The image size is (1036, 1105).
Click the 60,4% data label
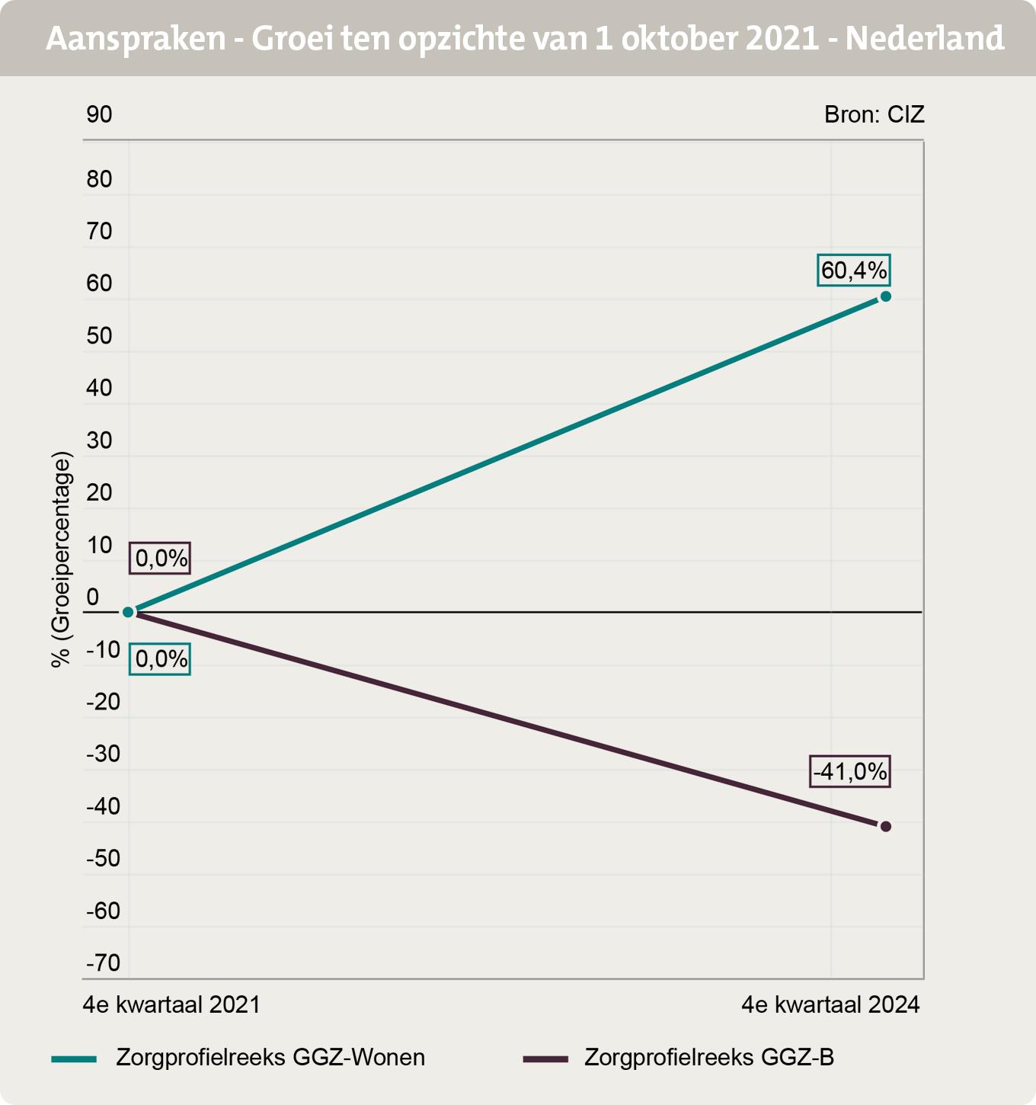(x=853, y=270)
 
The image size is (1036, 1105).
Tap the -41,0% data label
(x=850, y=772)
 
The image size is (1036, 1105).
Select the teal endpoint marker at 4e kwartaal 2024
(x=885, y=296)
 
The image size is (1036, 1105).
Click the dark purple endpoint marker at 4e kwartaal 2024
(x=885, y=826)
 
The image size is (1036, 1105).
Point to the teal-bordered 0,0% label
(x=160, y=658)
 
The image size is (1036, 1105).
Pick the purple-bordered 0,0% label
(x=160, y=559)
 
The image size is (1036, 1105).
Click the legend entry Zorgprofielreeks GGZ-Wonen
(x=270, y=1058)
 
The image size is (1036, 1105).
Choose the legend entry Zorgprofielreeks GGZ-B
(x=708, y=1058)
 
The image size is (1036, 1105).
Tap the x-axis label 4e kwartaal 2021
(x=171, y=1004)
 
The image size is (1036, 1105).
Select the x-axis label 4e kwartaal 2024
(x=831, y=1004)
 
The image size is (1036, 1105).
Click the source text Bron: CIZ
(x=875, y=114)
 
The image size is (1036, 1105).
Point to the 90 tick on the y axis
(x=99, y=114)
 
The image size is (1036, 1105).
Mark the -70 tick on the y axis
(x=103, y=963)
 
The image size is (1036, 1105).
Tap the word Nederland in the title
(x=924, y=38)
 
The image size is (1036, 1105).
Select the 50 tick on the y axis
(x=99, y=335)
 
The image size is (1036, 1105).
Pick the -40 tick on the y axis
(x=103, y=806)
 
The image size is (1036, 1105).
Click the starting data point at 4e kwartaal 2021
(x=129, y=612)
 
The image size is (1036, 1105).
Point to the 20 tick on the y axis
(x=99, y=492)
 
